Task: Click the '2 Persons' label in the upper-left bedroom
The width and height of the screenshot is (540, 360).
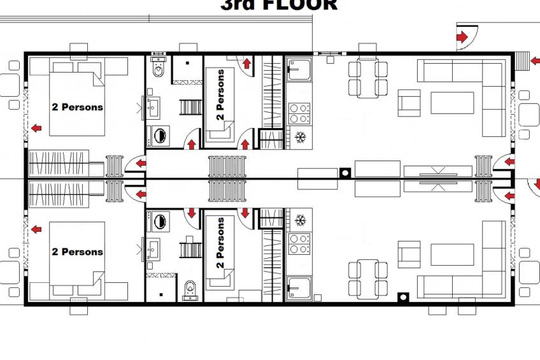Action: pos(77,107)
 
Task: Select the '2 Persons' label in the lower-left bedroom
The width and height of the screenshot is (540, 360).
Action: pos(77,252)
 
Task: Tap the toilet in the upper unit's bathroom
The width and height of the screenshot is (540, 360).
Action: pos(159,68)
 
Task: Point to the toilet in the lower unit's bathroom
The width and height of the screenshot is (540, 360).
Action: pos(189,291)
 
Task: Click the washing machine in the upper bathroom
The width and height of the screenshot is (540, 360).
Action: pos(159,136)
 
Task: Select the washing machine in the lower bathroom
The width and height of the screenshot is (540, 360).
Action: pos(159,222)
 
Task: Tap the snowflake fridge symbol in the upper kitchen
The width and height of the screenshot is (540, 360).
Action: pos(299,137)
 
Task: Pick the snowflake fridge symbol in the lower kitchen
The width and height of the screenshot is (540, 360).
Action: pos(299,220)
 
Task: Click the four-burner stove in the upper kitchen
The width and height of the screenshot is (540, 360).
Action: pos(299,113)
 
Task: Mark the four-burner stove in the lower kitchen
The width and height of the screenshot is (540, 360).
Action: pos(299,243)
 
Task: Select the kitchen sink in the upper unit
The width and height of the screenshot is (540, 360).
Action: pos(298,71)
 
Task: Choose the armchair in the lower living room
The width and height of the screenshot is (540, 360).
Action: pos(409,254)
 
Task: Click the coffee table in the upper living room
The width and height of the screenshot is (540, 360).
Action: pos(452,102)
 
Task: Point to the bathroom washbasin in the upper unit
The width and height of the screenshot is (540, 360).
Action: pos(153,108)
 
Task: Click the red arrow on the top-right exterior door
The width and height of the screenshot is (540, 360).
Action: pos(462,38)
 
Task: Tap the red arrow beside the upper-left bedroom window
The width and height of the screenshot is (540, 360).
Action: pos(36,129)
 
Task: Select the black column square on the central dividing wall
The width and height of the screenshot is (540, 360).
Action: pos(345,172)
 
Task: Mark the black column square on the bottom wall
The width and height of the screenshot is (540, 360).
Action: pos(402,297)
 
